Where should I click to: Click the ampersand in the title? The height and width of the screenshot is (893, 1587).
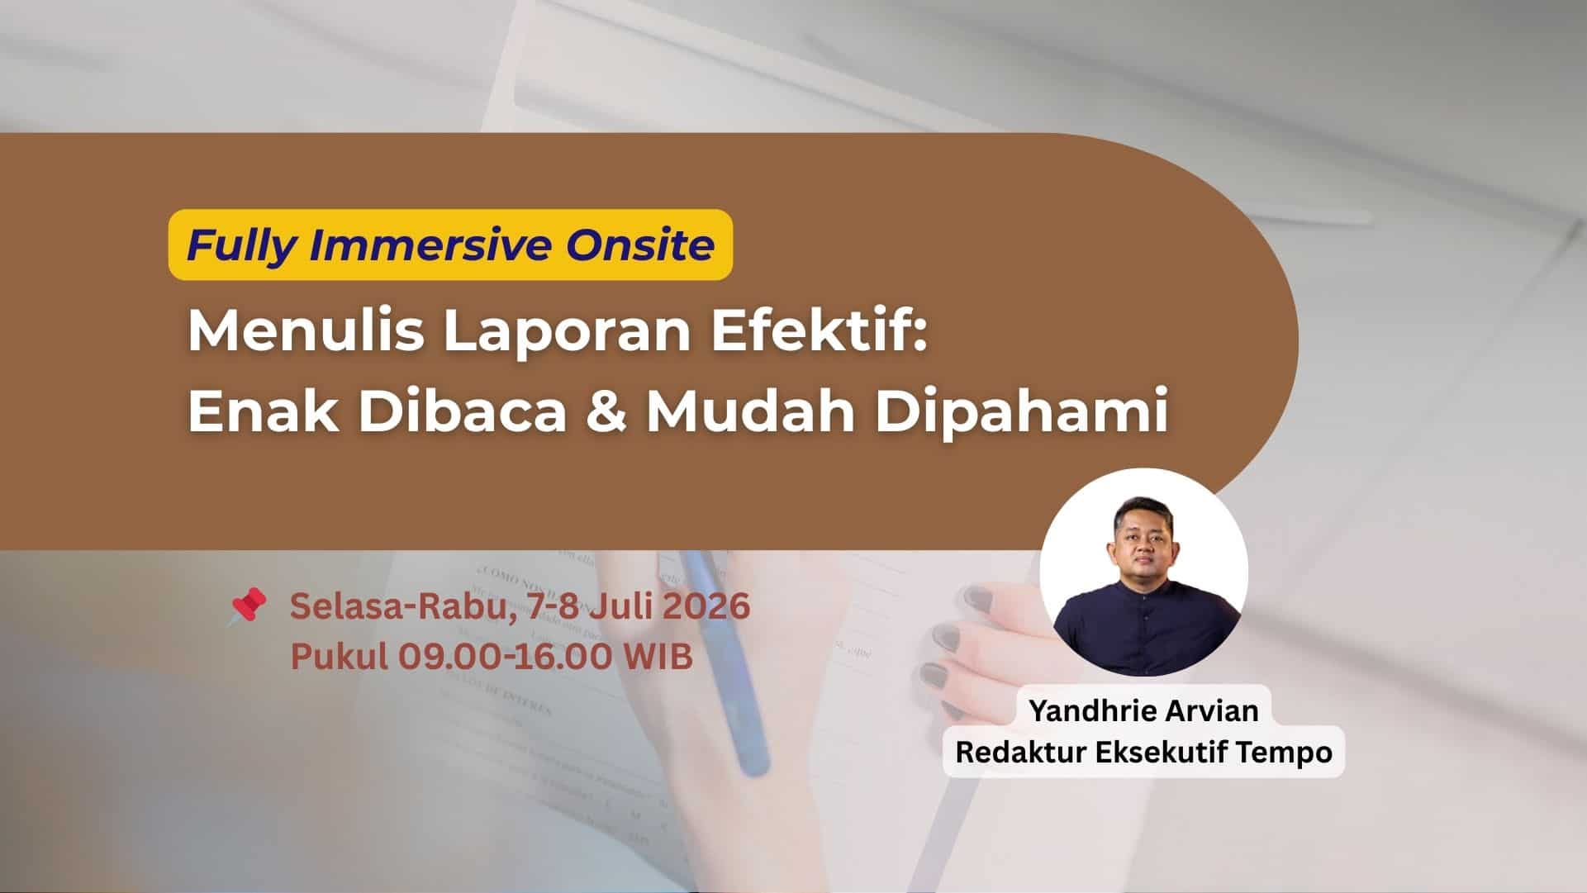(606, 411)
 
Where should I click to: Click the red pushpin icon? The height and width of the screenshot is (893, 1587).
(248, 606)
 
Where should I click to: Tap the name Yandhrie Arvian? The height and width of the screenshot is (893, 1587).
(1144, 710)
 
